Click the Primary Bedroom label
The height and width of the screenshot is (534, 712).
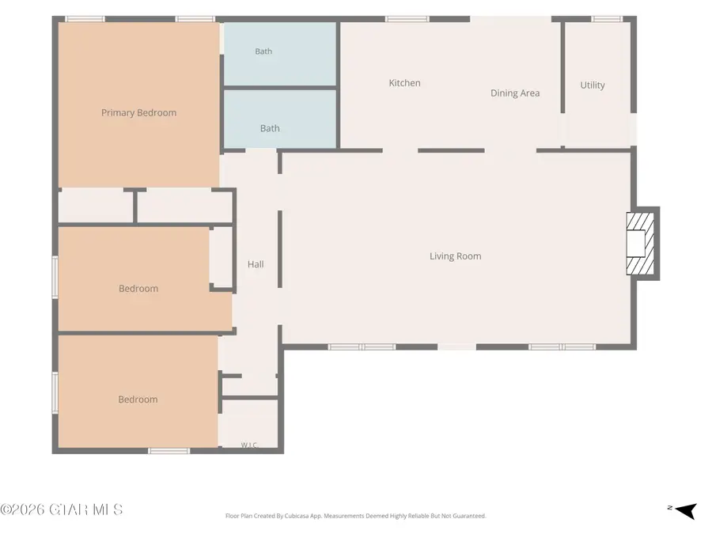pyautogui.click(x=138, y=113)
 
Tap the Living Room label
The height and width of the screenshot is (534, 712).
pyautogui.click(x=456, y=256)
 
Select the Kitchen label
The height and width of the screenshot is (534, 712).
pyautogui.click(x=404, y=83)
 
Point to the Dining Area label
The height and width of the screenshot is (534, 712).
pyautogui.click(x=515, y=93)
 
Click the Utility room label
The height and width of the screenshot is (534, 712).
pyautogui.click(x=593, y=85)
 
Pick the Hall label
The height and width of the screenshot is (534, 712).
pyautogui.click(x=256, y=264)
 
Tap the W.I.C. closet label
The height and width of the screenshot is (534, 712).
pyautogui.click(x=249, y=445)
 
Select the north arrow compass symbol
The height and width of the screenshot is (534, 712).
pyautogui.click(x=683, y=510)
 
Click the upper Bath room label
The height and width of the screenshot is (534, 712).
pyautogui.click(x=263, y=51)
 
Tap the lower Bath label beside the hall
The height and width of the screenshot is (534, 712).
pyautogui.click(x=270, y=128)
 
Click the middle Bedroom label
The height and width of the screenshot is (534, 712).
pyautogui.click(x=138, y=289)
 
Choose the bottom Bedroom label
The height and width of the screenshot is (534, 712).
pyautogui.click(x=138, y=400)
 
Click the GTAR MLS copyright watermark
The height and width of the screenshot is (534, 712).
pyautogui.click(x=61, y=509)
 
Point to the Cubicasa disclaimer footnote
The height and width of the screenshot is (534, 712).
pyautogui.click(x=355, y=516)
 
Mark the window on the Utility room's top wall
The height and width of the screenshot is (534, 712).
pyautogui.click(x=607, y=19)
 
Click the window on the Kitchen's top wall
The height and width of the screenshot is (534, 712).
pyautogui.click(x=407, y=19)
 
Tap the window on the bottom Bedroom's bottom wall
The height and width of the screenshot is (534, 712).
pyautogui.click(x=169, y=451)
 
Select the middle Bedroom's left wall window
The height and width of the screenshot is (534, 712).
pyautogui.click(x=55, y=277)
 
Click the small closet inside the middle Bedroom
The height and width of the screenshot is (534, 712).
pyautogui.click(x=222, y=257)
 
